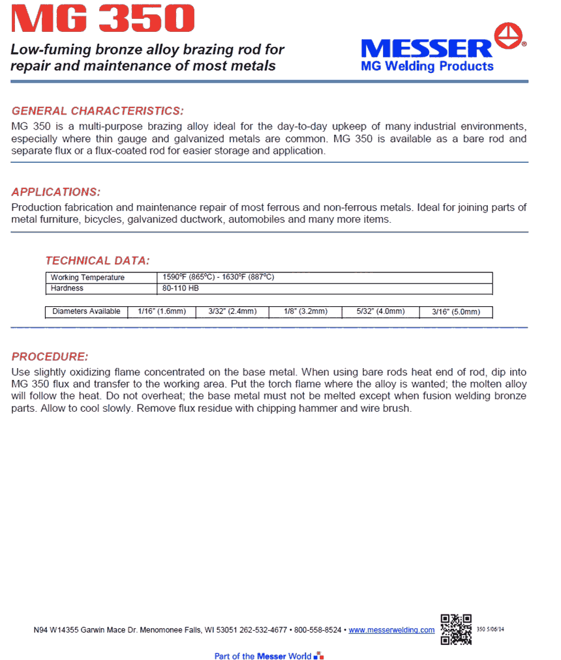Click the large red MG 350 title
pos(102,20)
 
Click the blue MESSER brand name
pos(427,49)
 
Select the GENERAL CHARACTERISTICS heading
pos(98,111)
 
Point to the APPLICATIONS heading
pos(56,192)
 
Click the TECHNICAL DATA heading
pos(98,261)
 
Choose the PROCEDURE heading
pos(50,357)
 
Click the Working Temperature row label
pos(87,278)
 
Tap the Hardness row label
pos(67,288)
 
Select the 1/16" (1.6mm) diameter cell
pos(162,311)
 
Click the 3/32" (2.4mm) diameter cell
pos(232,311)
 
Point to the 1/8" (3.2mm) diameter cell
pos(305,311)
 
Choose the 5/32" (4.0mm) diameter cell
pos(381,311)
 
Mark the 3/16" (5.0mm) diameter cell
pos(456,312)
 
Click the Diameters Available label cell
pos(86,311)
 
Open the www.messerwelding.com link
pos(391,630)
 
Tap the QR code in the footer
pos(456,629)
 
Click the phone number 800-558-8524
pos(318,630)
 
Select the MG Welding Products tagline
pos(427,66)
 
